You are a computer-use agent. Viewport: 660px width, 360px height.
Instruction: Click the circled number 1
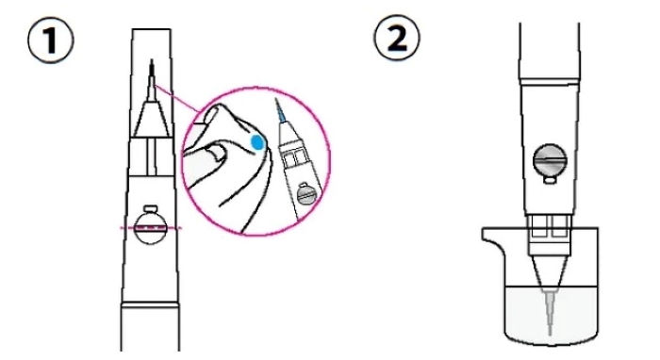click(51, 41)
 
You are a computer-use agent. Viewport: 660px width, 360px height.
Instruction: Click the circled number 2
click(397, 39)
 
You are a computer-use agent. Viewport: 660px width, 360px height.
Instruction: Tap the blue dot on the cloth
click(256, 142)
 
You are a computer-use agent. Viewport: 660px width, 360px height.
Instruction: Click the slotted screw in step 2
click(550, 160)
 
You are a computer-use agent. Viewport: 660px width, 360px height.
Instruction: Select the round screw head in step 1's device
click(151, 228)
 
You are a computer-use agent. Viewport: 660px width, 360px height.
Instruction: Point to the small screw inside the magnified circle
click(306, 194)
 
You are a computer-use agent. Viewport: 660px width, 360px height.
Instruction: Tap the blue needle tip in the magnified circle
click(281, 111)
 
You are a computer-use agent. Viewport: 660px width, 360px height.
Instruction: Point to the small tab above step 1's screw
click(151, 208)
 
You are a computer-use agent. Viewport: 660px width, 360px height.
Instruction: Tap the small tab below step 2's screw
click(550, 180)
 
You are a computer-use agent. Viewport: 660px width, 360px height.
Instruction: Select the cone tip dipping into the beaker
click(550, 272)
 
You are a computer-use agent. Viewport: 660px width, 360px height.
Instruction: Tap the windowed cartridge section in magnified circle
click(294, 157)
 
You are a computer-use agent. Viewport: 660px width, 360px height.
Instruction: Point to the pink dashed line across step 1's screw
click(151, 228)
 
